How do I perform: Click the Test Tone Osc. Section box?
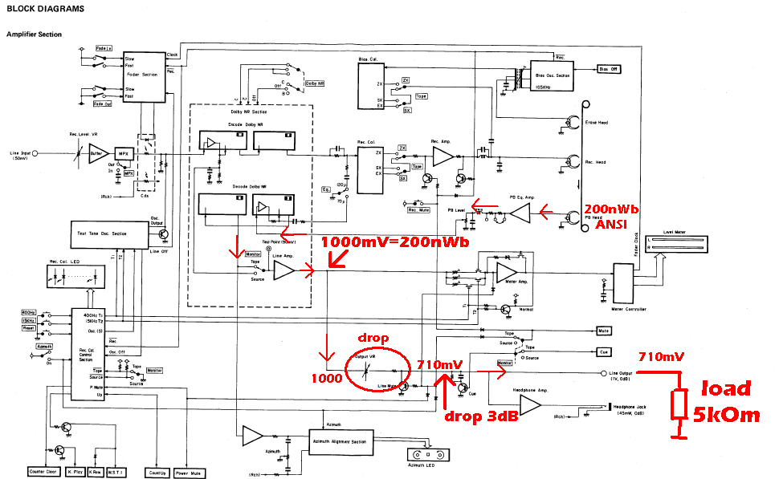click(x=108, y=233)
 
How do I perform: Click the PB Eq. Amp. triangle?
click(x=520, y=213)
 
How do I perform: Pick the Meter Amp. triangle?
click(x=507, y=272)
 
